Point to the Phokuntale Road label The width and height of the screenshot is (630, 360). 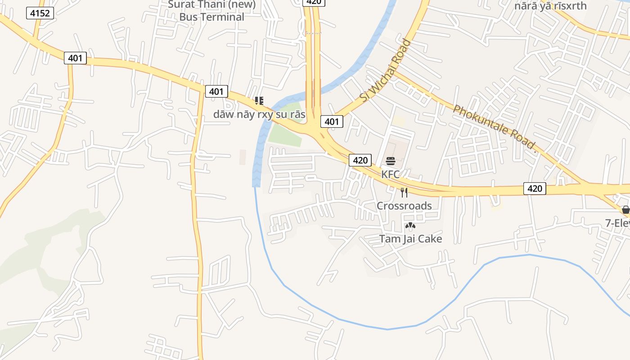495,127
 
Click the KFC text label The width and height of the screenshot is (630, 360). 390,174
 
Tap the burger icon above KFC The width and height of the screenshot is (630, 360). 390,161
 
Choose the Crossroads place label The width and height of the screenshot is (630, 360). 404,206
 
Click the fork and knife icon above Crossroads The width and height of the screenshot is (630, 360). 404,193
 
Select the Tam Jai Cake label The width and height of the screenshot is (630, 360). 410,238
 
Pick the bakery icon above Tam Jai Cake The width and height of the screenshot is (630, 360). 410,225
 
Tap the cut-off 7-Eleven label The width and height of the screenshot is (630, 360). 617,223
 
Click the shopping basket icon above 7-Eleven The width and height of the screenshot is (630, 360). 625,210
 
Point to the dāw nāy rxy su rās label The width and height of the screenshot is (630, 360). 259,114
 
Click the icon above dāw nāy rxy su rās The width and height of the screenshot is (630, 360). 259,101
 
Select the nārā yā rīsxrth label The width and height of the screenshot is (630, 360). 551,6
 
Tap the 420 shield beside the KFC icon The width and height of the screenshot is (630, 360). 360,160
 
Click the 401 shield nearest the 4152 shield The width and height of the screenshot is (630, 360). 75,58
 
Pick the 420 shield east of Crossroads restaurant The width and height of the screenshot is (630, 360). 535,189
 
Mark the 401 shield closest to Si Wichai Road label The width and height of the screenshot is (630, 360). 332,121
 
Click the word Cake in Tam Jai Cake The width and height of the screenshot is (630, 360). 430,238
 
